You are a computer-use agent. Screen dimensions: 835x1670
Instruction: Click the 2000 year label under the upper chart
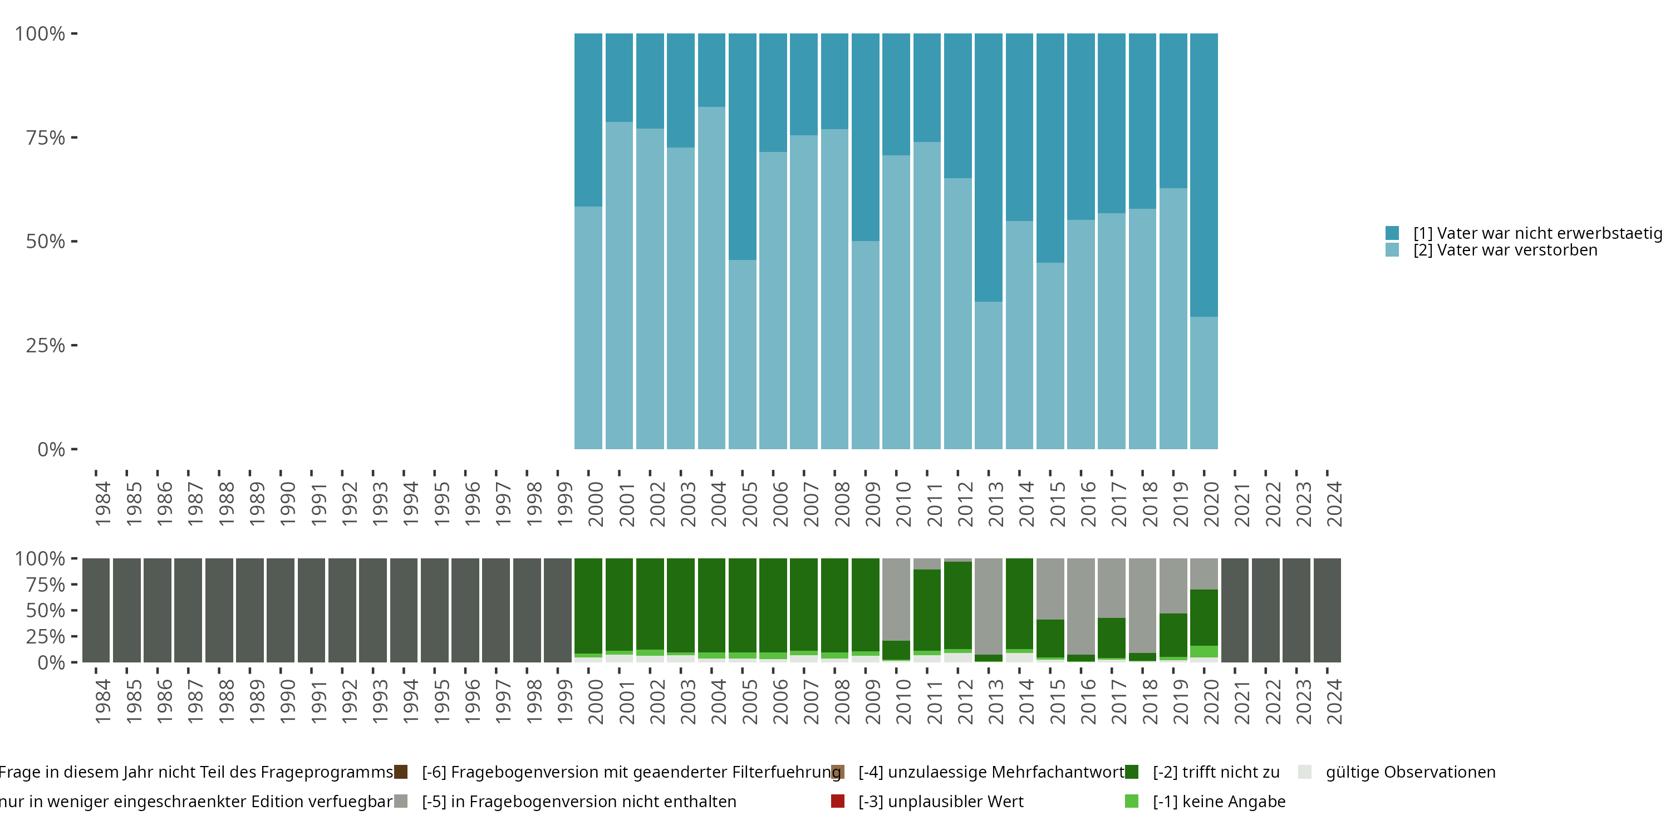(x=595, y=504)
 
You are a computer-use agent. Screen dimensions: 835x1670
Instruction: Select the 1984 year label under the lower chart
(x=102, y=701)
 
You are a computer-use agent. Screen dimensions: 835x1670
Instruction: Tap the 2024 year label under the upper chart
(x=1334, y=504)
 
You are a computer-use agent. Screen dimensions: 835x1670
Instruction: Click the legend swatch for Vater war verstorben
(x=1392, y=250)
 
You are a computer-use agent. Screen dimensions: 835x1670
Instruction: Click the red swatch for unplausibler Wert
(x=838, y=801)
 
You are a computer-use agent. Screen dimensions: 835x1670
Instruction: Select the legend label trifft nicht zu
(x=1216, y=772)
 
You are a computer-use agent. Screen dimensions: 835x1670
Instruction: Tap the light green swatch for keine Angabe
(x=1131, y=801)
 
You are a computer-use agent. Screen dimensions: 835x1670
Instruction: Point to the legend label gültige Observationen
(x=1411, y=772)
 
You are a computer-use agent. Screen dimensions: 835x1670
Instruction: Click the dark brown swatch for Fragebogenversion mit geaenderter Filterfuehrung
(x=401, y=772)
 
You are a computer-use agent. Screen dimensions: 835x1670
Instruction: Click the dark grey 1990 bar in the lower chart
(x=281, y=610)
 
